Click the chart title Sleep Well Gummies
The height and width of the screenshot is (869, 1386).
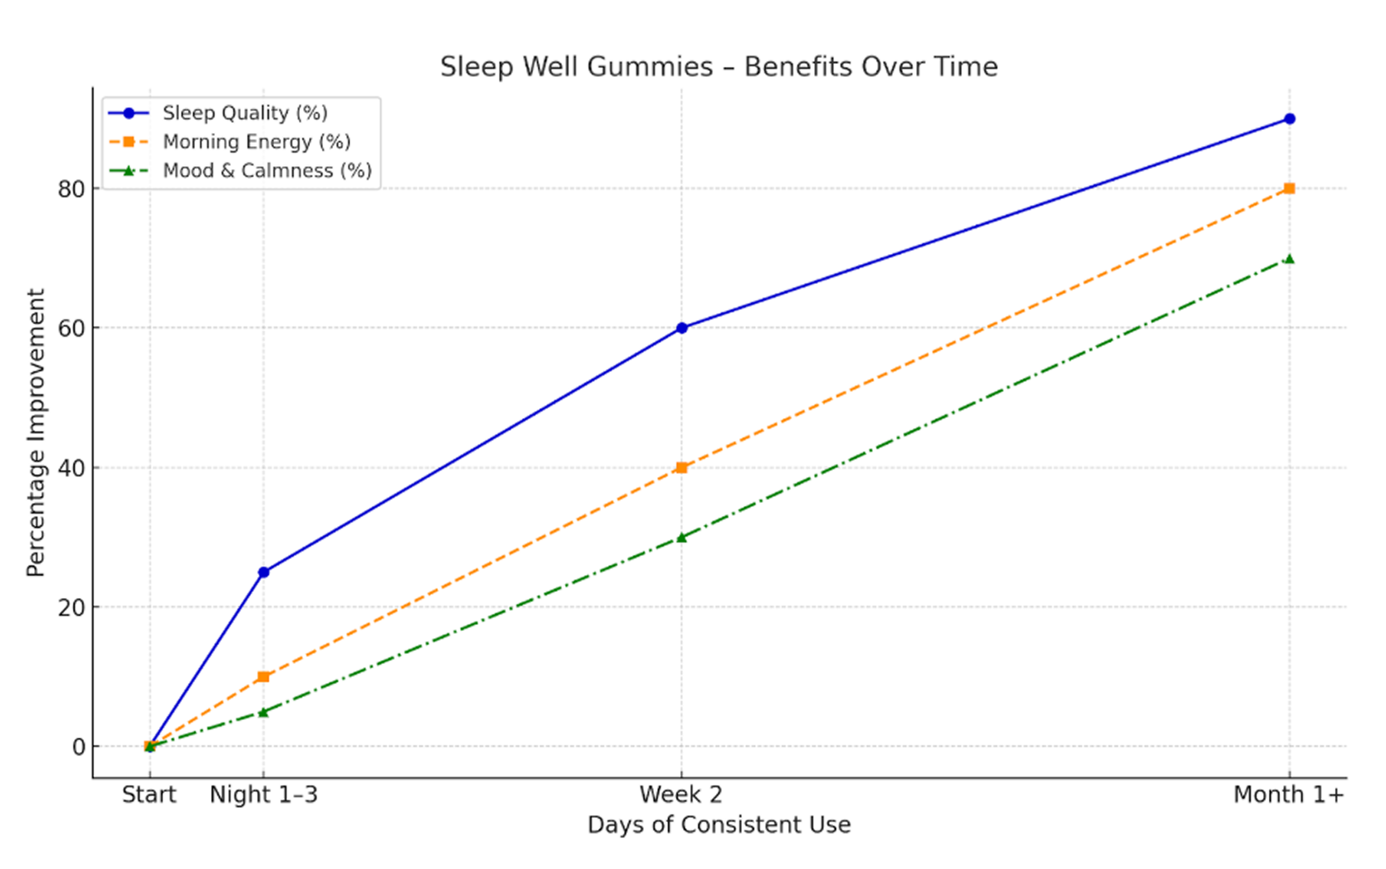coord(719,67)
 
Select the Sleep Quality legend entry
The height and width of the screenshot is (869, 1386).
coord(245,113)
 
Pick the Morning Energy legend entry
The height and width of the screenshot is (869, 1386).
coord(256,142)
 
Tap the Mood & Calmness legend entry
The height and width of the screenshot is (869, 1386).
coord(267,171)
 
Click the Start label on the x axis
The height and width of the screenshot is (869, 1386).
coord(149,795)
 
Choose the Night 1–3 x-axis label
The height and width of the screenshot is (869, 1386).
coord(263,795)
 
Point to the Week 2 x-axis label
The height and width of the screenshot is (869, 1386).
coord(681,795)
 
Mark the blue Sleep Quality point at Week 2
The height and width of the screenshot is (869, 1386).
coord(682,328)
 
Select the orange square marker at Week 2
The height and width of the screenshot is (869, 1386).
coord(682,468)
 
